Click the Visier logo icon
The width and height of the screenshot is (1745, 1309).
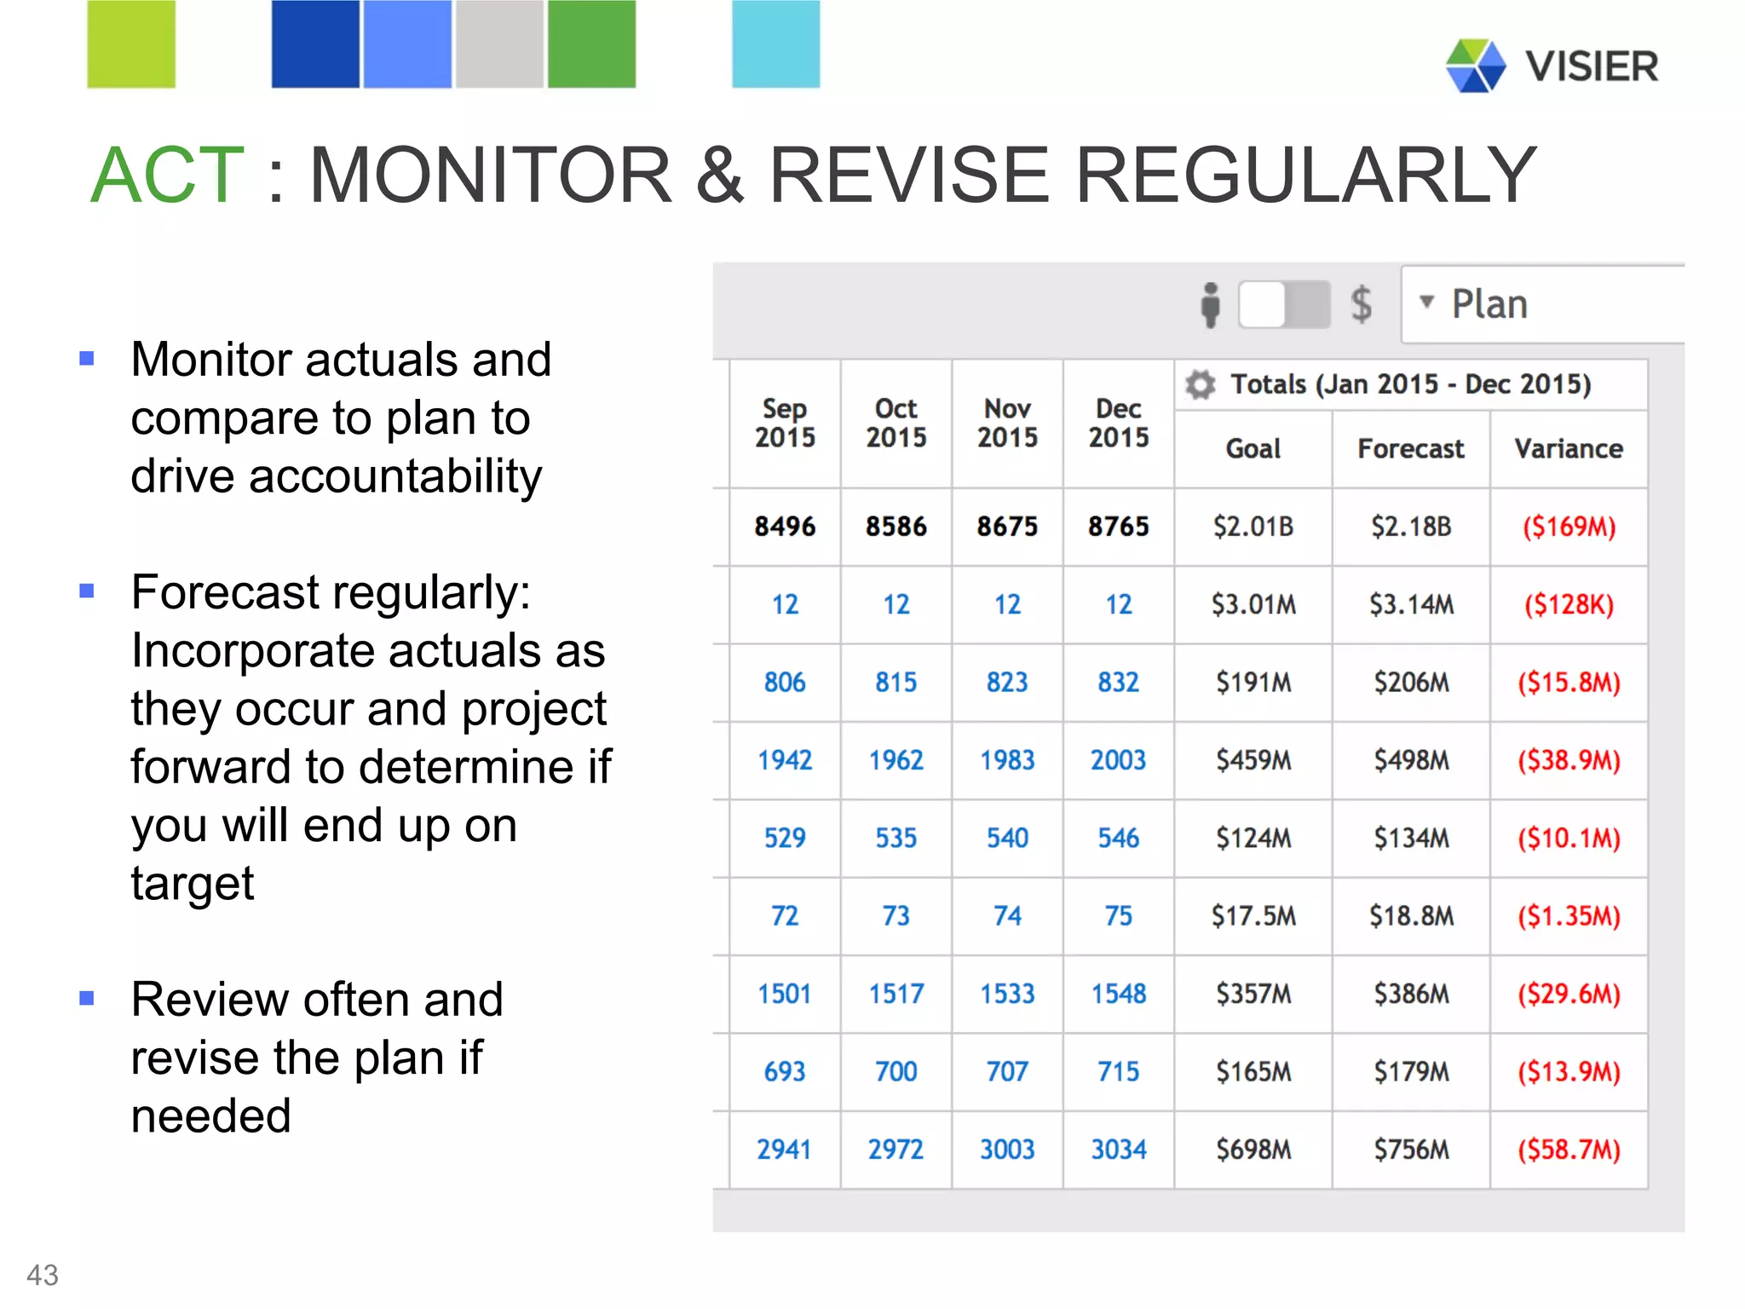tap(1475, 66)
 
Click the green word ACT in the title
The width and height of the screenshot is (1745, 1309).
tap(168, 176)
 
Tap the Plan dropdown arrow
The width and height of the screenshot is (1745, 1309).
tap(1426, 302)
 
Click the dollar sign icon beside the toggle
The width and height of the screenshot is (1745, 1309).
tap(1361, 304)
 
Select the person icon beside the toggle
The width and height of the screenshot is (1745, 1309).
tap(1210, 304)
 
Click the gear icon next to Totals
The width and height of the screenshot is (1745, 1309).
tap(1201, 385)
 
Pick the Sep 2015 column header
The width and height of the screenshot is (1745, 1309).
tap(785, 424)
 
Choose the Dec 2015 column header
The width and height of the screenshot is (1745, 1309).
tap(1118, 424)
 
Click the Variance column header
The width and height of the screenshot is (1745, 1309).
tap(1568, 449)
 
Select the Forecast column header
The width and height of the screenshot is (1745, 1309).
tap(1410, 449)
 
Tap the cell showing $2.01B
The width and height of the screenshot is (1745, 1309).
tap(1253, 527)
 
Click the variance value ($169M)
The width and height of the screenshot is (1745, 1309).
tap(1568, 527)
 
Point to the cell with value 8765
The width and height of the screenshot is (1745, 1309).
tap(1118, 527)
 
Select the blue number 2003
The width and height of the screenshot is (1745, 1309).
tap(1118, 760)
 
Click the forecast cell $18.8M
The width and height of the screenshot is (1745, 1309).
tap(1410, 916)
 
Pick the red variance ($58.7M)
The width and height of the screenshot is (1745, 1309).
tap(1568, 1150)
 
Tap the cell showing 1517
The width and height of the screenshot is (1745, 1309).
tap(896, 994)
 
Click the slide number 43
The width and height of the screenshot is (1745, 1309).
tap(43, 1275)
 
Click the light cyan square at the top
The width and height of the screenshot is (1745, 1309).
tap(775, 44)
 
